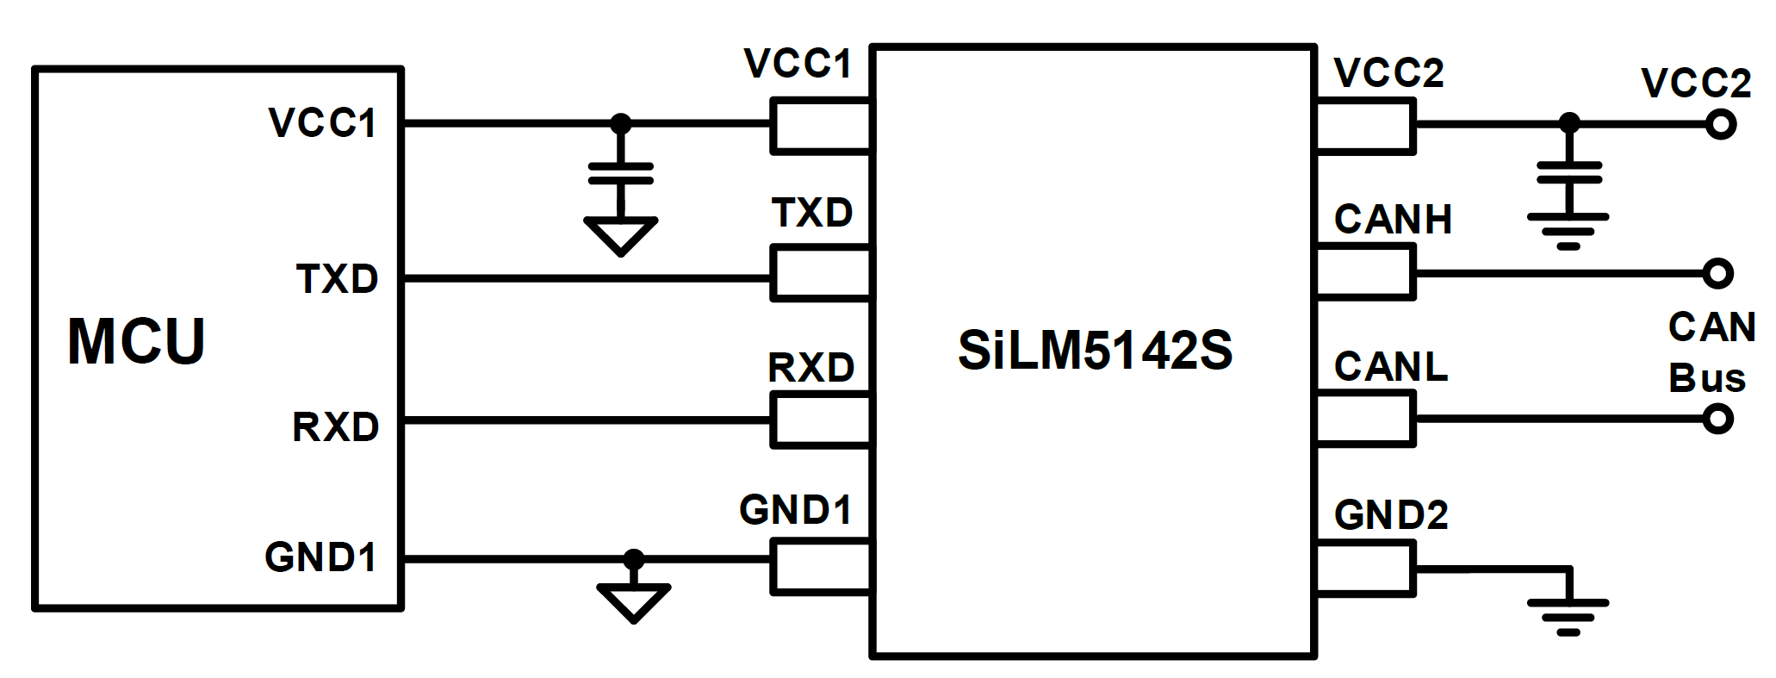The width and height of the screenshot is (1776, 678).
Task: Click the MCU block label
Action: [x=136, y=342]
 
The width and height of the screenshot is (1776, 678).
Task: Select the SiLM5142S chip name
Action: [x=1095, y=351]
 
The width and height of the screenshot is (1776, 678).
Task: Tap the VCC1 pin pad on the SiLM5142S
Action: [x=821, y=126]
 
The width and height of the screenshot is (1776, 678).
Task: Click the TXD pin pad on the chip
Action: [x=821, y=274]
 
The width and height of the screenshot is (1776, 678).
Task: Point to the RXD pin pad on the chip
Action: [x=821, y=420]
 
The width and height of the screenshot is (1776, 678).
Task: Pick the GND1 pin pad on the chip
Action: [x=821, y=567]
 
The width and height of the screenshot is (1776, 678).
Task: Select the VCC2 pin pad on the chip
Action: [x=1366, y=128]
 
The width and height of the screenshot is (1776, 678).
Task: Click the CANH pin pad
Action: [x=1366, y=272]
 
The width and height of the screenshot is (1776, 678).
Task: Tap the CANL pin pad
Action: [x=1366, y=419]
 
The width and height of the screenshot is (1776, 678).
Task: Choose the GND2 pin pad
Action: [x=1366, y=568]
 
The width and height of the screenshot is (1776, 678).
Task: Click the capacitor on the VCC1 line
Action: [x=620, y=173]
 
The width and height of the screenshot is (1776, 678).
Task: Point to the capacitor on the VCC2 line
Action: [x=1569, y=172]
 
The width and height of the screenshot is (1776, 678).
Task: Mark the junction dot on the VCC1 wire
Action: [x=620, y=124]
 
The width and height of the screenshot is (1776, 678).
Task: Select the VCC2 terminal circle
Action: [x=1720, y=126]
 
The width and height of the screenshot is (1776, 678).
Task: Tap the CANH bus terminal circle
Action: [x=1717, y=273]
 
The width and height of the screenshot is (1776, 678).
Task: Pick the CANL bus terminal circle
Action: [x=1717, y=420]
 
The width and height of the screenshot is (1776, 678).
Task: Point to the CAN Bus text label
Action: [x=1711, y=352]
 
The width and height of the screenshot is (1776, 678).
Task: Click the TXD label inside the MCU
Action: [x=337, y=279]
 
